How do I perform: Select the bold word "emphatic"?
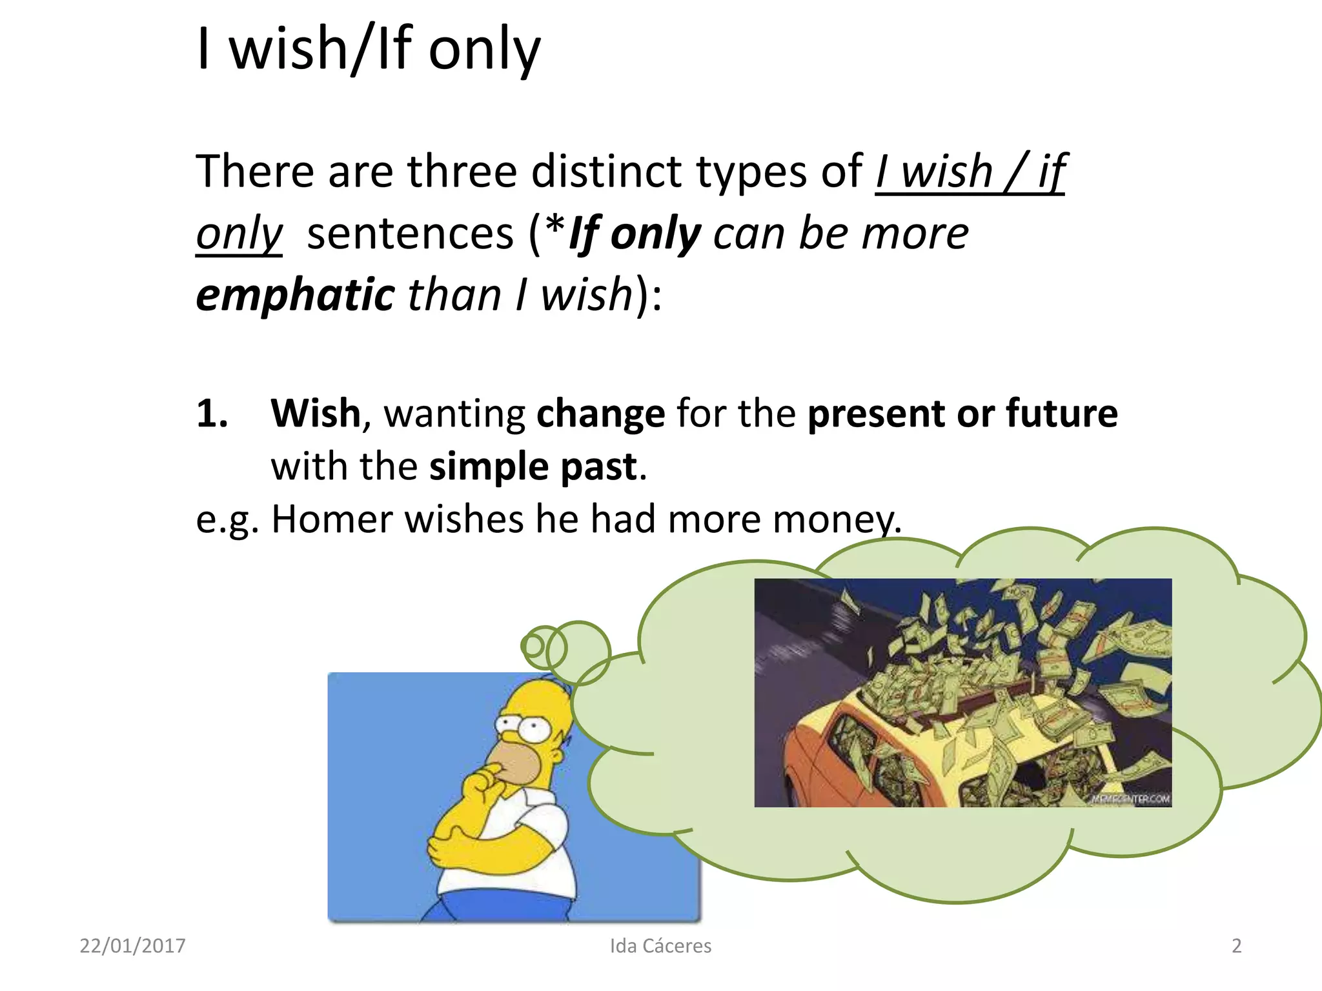point(296,294)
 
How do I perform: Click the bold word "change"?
point(600,414)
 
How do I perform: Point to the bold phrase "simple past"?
point(533,466)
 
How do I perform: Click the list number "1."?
point(212,414)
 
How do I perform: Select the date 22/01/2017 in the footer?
point(132,946)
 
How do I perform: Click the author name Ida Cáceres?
point(660,946)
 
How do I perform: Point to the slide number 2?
point(1236,946)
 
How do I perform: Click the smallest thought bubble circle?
point(533,645)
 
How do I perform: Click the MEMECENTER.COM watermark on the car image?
point(1130,799)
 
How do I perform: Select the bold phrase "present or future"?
point(962,414)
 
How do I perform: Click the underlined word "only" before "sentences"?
point(239,234)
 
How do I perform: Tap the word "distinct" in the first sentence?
point(607,172)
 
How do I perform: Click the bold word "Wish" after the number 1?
point(316,414)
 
